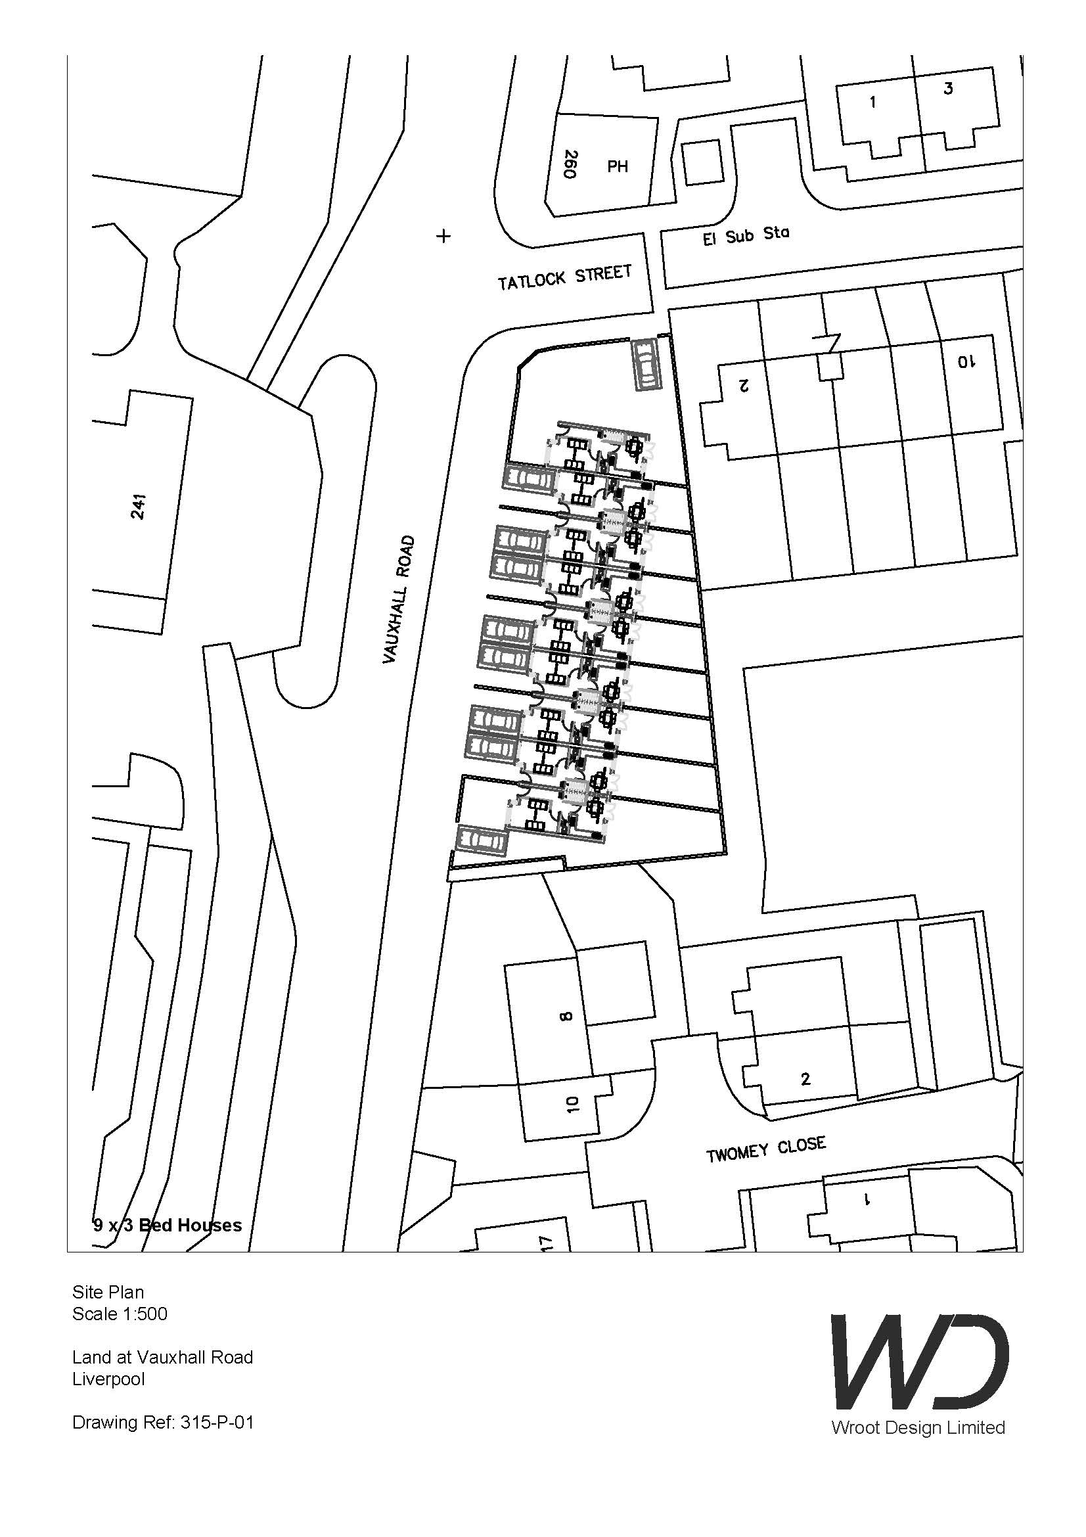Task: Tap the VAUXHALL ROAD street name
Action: (399, 600)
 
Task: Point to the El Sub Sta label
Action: (746, 236)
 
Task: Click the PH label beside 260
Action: (618, 166)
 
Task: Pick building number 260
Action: (570, 164)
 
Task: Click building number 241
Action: (139, 506)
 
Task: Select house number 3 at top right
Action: (947, 88)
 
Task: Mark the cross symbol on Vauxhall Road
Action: (443, 236)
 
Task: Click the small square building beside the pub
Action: (702, 162)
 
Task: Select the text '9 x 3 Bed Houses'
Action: (168, 1226)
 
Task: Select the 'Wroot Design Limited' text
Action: (917, 1427)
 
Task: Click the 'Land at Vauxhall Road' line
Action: (162, 1357)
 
